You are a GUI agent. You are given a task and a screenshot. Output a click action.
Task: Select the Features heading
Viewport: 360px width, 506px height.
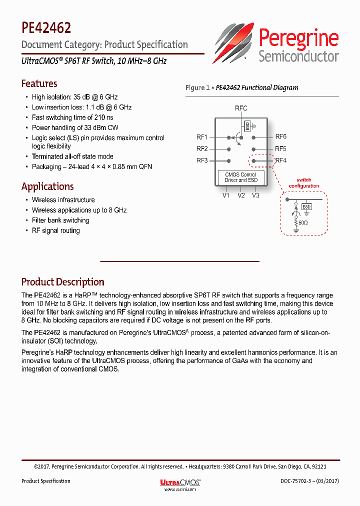pyautogui.click(x=39, y=83)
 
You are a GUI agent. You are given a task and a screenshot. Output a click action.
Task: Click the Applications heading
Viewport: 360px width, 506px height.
pyautogui.click(x=47, y=186)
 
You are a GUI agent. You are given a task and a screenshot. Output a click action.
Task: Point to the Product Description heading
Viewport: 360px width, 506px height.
pyautogui.click(x=62, y=282)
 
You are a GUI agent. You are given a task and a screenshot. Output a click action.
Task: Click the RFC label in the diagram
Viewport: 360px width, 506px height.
pyautogui.click(x=241, y=108)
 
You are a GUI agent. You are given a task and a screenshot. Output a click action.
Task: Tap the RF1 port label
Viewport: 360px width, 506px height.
pyautogui.click(x=202, y=136)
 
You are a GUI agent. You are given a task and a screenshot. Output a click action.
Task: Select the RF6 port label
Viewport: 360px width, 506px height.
pyautogui.click(x=280, y=136)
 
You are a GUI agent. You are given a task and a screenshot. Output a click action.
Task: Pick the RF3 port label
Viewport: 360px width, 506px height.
pyautogui.click(x=202, y=160)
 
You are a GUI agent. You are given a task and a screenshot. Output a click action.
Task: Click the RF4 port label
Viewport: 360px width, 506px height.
pyautogui.click(x=280, y=160)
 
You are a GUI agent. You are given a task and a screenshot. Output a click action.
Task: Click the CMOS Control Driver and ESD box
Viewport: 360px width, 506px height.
pyautogui.click(x=240, y=177)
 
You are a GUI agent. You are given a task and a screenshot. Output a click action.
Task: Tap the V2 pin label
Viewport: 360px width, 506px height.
pyautogui.click(x=241, y=195)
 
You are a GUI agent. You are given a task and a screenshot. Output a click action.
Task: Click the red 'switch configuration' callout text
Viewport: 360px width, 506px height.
pyautogui.click(x=303, y=183)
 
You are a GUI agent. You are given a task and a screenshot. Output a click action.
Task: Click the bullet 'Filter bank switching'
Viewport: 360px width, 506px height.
pyautogui.click(x=60, y=220)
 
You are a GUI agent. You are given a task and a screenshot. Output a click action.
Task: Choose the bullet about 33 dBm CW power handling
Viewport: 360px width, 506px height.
pyautogui.click(x=75, y=127)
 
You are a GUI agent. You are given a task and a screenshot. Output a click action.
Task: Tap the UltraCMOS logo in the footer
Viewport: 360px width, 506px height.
pyautogui.click(x=180, y=482)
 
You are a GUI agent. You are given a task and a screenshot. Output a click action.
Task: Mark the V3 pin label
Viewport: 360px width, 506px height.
pyautogui.click(x=255, y=195)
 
